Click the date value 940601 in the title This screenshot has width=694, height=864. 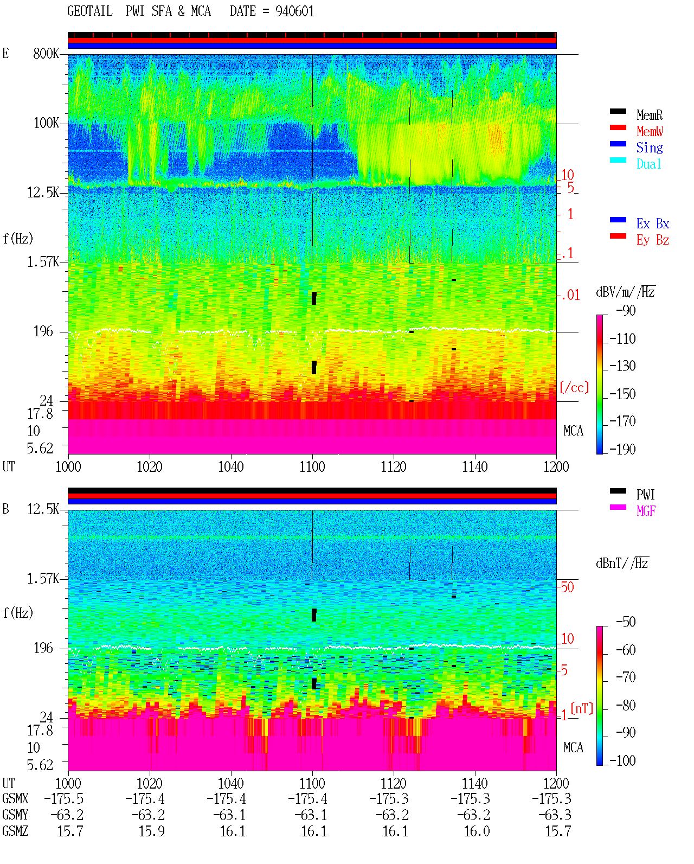coord(294,11)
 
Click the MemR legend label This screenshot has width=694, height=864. coord(649,115)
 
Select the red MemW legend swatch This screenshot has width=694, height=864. coord(618,127)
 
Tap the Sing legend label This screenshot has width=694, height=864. coord(649,148)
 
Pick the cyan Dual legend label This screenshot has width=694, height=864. coord(648,163)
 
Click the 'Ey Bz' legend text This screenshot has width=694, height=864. coord(652,240)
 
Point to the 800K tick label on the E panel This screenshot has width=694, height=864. coord(46,53)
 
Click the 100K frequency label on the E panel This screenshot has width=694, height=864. coord(46,123)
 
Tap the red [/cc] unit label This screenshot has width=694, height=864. coord(574,387)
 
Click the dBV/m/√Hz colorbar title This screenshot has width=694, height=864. coord(626,292)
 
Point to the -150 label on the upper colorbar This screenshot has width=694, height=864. coord(622,394)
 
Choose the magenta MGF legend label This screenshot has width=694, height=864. coord(646,511)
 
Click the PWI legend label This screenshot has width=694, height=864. coord(645,494)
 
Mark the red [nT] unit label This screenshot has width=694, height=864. coord(582,708)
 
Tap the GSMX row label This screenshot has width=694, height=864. coord(15,798)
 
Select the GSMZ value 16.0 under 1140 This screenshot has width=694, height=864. coord(477,831)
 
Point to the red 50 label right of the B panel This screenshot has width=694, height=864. coord(567,587)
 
